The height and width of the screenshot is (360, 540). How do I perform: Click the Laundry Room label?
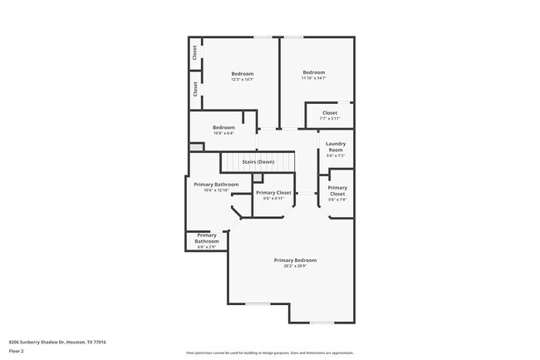pyautogui.click(x=336, y=145)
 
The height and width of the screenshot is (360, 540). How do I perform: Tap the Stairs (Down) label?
pyautogui.click(x=258, y=161)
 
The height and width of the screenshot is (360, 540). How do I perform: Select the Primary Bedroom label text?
pyautogui.click(x=295, y=260)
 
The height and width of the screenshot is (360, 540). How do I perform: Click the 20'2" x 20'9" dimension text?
pyautogui.click(x=295, y=266)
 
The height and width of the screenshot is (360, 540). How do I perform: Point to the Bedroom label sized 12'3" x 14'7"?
pyautogui.click(x=242, y=74)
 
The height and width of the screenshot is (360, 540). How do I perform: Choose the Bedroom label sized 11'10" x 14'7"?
pyautogui.click(x=314, y=72)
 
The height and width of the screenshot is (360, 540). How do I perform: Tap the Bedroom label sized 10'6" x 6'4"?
pyautogui.click(x=223, y=127)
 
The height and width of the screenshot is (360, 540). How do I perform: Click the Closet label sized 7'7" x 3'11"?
pyautogui.click(x=330, y=112)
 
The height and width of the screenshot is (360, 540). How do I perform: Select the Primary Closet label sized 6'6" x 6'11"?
pyautogui.click(x=273, y=192)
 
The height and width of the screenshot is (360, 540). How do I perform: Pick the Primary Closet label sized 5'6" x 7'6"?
pyautogui.click(x=338, y=190)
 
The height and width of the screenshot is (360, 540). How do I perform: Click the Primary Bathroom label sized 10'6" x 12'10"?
pyautogui.click(x=216, y=184)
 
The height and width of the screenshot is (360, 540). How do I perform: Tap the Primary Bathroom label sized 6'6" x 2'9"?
pyautogui.click(x=207, y=238)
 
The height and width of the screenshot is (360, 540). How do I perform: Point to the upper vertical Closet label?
pyautogui.click(x=195, y=52)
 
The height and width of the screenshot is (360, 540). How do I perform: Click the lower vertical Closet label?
pyautogui.click(x=195, y=89)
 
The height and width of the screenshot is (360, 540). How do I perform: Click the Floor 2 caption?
pyautogui.click(x=16, y=352)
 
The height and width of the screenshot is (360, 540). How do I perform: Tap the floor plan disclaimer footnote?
pyautogui.click(x=269, y=353)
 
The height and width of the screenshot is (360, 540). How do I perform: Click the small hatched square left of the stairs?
pyautogui.click(x=196, y=147)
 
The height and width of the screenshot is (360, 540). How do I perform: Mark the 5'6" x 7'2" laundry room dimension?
pyautogui.click(x=336, y=155)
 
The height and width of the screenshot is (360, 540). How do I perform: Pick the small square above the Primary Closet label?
pyautogui.click(x=258, y=178)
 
